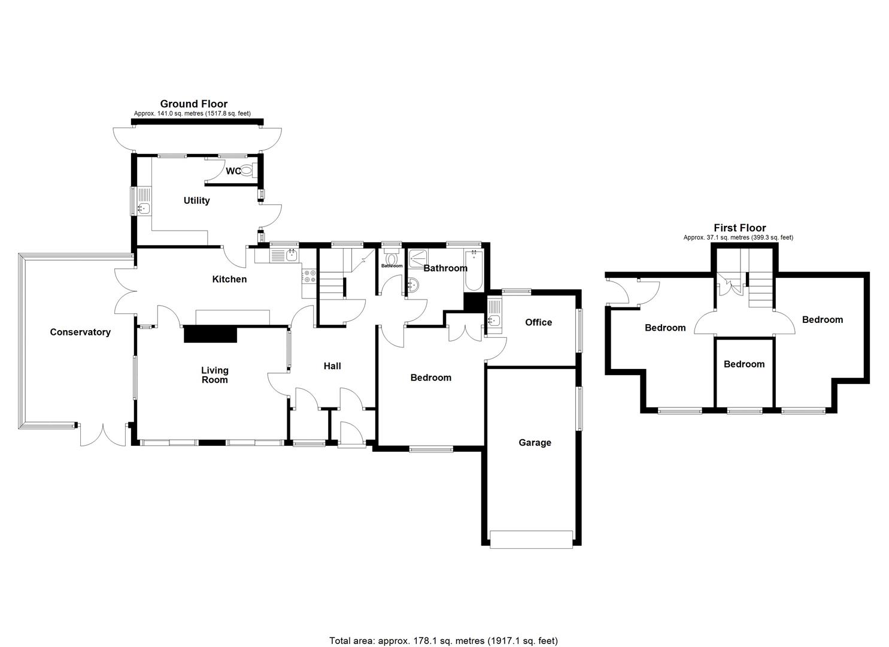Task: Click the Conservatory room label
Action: click(x=80, y=332)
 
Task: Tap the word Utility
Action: click(x=196, y=201)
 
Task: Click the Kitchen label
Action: click(x=229, y=279)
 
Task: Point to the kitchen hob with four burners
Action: click(x=310, y=276)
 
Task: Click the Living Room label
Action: click(x=214, y=375)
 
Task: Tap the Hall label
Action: click(x=332, y=366)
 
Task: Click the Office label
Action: click(x=538, y=322)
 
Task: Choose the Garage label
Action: click(x=535, y=443)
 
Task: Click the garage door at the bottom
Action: click(x=531, y=539)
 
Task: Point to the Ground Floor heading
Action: click(x=193, y=104)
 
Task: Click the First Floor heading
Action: click(x=739, y=228)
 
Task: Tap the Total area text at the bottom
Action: click(x=444, y=640)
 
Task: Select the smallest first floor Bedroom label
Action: click(x=744, y=364)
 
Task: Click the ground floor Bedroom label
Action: click(x=430, y=377)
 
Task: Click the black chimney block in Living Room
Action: click(x=210, y=334)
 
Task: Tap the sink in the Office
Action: click(x=494, y=324)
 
